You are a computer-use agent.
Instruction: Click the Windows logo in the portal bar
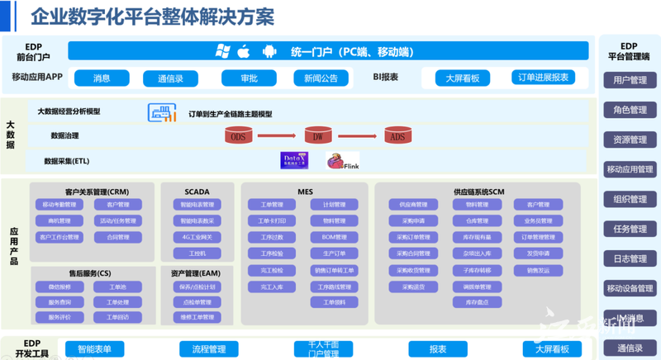221,51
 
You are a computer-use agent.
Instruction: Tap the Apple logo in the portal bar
244,51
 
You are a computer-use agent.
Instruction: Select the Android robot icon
269,51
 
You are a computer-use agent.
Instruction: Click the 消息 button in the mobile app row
102,78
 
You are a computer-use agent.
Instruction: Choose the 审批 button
249,78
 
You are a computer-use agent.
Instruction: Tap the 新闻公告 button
321,78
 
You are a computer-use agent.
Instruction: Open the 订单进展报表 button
543,78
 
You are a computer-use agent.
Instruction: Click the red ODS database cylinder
238,135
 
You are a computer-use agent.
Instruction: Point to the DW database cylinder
317,135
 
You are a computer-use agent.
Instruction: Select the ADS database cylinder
397,135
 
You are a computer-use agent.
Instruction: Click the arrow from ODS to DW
278,136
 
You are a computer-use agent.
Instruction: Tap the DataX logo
295,159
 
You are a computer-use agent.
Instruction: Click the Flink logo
343,161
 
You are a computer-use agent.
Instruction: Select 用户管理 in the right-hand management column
630,80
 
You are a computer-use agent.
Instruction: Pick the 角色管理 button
630,110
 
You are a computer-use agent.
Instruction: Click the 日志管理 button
630,258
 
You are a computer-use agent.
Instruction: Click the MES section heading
305,192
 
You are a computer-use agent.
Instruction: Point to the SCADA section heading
197,192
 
